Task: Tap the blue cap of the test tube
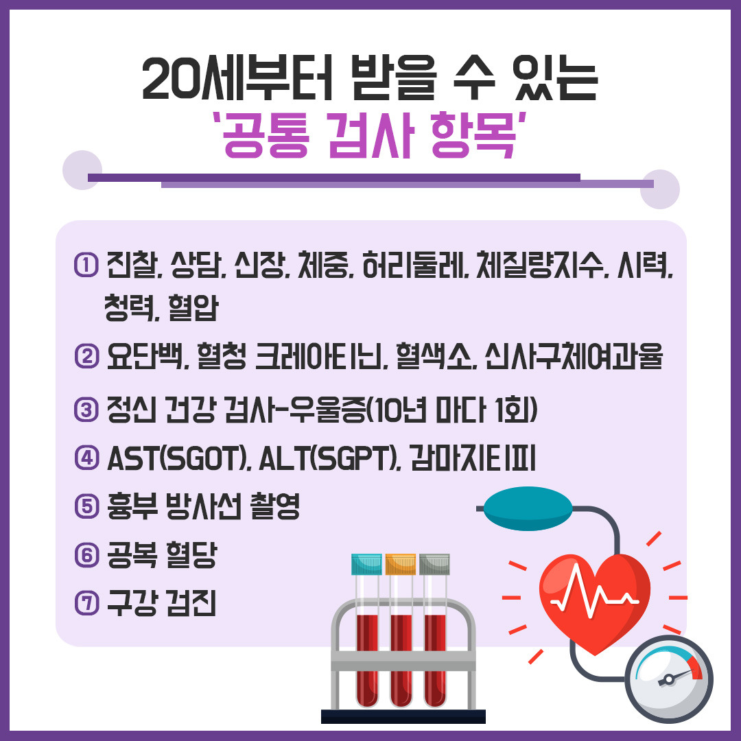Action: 367,564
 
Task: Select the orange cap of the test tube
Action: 400,564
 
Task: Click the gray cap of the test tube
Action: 434,564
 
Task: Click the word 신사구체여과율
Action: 573,357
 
